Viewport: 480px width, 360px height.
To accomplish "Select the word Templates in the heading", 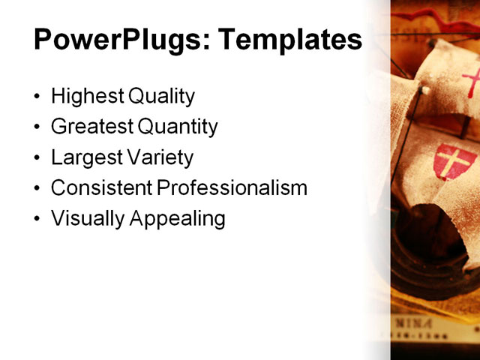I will [289, 40].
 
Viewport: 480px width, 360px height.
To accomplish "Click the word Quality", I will [161, 97].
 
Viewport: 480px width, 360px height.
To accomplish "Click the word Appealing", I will [178, 219].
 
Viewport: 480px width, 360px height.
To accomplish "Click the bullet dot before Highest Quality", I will [38, 97].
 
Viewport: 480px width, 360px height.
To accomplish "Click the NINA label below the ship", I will [413, 323].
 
